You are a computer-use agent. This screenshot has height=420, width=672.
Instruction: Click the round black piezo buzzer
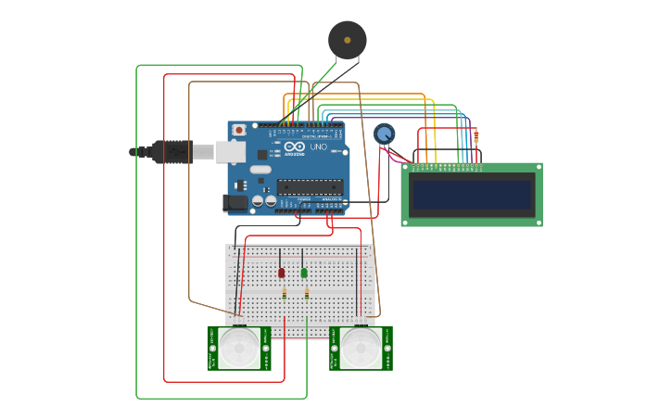348,40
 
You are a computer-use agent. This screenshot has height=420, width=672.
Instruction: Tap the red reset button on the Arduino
239,130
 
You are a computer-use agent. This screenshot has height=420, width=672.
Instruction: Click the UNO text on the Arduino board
317,147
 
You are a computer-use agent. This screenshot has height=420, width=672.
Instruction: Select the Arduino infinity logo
295,147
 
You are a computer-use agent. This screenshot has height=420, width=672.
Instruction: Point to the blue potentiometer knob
384,134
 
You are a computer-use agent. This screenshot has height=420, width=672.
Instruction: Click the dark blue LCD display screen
472,195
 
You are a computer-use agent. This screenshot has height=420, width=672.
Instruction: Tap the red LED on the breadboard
281,273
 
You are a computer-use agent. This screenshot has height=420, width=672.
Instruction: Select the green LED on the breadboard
304,273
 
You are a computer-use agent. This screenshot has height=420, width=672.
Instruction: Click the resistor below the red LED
284,294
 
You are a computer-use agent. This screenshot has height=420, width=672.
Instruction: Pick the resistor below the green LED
307,294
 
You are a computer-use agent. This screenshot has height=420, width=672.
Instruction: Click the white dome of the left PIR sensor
239,348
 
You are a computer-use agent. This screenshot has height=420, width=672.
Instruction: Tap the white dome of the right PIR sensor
361,348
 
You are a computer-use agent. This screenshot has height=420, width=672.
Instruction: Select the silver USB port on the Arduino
231,151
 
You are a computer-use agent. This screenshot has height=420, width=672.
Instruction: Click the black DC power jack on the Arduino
235,202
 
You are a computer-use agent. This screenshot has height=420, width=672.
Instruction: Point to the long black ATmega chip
310,187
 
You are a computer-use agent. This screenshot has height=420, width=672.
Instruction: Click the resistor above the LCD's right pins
476,136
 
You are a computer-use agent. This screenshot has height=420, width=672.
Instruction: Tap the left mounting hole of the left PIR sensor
213,349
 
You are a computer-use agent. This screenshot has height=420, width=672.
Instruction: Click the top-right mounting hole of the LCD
537,169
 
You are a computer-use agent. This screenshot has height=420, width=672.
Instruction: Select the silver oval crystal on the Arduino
260,169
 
